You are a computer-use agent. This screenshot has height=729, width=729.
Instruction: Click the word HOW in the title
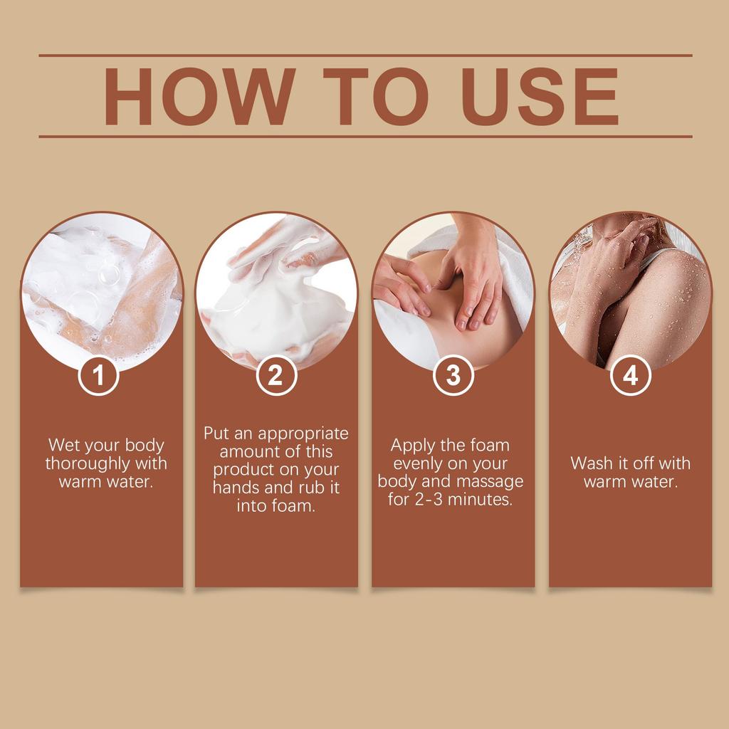200,96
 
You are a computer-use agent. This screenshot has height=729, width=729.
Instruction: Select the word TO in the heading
376,96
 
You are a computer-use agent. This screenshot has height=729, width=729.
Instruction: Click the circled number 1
98,375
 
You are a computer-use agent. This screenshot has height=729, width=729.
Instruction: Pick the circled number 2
276,375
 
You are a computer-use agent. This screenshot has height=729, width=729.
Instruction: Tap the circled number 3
453,375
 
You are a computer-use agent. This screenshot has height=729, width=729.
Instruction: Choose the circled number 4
631,375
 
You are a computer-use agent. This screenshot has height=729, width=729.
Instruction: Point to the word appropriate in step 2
303,434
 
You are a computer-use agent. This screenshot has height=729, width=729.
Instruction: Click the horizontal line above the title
365,56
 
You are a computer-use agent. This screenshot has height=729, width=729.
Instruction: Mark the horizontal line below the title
365,137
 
